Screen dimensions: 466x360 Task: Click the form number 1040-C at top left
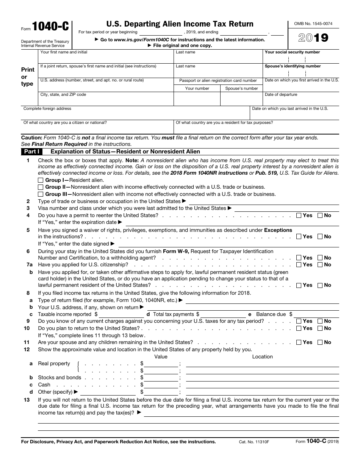pos(50,26)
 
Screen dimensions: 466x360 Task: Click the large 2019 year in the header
pos(313,38)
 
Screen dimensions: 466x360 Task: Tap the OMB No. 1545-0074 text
pos(313,23)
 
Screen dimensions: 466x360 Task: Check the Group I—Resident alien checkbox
pos(41,180)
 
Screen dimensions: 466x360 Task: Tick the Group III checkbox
pos(41,194)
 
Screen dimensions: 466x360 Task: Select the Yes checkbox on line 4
pos(299,215)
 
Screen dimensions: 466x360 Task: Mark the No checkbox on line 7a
pos(320,264)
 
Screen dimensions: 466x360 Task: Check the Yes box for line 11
pos(299,342)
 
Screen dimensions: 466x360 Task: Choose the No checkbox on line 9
pos(320,321)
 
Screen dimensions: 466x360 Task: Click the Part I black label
pos(32,152)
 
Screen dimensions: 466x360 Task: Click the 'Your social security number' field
pos(302,59)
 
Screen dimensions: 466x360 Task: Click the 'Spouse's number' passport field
pos(241,99)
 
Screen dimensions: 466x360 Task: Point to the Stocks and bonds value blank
pos(161,378)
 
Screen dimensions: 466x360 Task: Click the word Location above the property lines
pos(262,357)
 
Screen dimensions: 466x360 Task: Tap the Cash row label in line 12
pos(44,385)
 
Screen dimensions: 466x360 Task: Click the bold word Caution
pos(31,138)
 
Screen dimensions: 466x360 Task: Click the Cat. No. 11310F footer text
pos(254,442)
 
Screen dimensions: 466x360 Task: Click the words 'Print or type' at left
pos(27,77)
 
